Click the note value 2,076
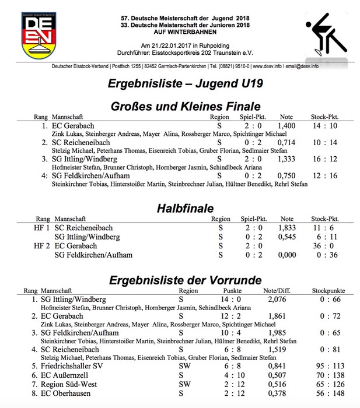(278, 299)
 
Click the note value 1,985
(278, 333)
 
